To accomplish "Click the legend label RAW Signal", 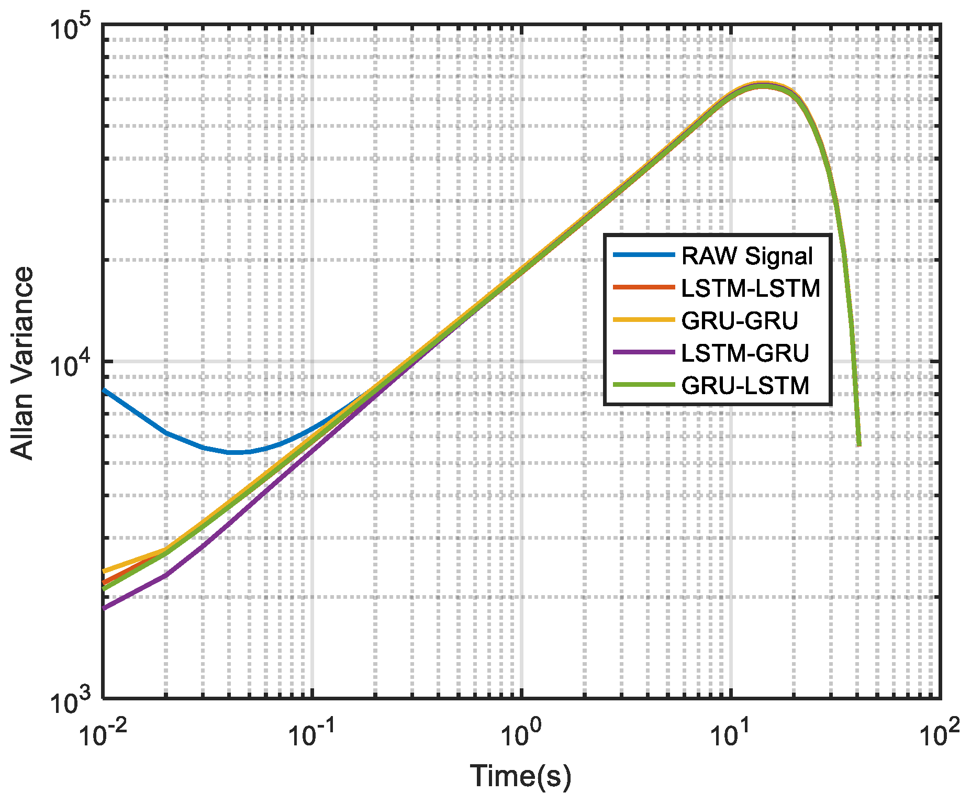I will tap(747, 256).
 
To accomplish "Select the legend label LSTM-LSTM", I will tap(751, 288).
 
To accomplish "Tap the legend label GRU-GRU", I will tap(739, 321).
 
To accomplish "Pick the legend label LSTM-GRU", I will tap(745, 353).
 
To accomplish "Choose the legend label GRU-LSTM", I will tap(745, 386).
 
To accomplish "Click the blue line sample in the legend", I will tap(644, 255).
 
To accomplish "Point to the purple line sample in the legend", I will tap(644, 352).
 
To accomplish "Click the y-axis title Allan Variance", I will tap(22, 363).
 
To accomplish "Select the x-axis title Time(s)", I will tap(520, 776).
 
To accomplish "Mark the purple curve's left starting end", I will tap(104, 608).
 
